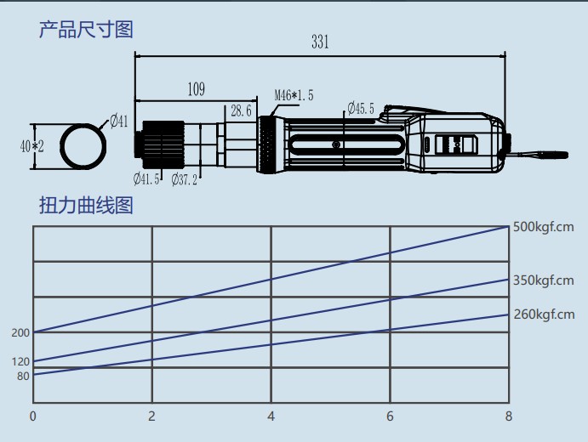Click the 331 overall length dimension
(320, 42)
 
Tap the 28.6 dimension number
(242, 110)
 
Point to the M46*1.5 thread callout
(294, 95)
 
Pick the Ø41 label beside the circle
(118, 121)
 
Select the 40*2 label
(31, 146)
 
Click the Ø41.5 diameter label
(147, 178)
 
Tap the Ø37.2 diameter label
(184, 178)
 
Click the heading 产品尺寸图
(86, 31)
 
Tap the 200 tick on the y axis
(20, 332)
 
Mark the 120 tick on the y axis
(20, 362)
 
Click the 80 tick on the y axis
(23, 376)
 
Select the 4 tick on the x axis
(271, 416)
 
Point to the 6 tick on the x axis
(390, 416)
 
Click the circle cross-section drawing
(83, 145)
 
